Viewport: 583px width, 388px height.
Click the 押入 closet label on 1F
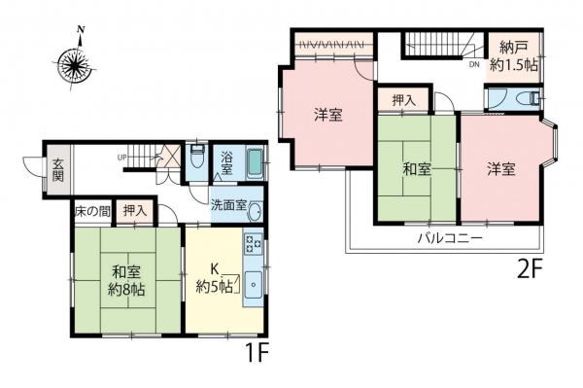[x=135, y=210]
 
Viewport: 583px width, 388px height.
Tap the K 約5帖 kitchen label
[x=215, y=277]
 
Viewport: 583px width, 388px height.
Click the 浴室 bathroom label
[x=225, y=163]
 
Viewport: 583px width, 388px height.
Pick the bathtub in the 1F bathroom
[x=255, y=165]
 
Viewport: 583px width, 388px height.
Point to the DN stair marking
[x=473, y=65]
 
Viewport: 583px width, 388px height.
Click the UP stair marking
[x=122, y=157]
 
